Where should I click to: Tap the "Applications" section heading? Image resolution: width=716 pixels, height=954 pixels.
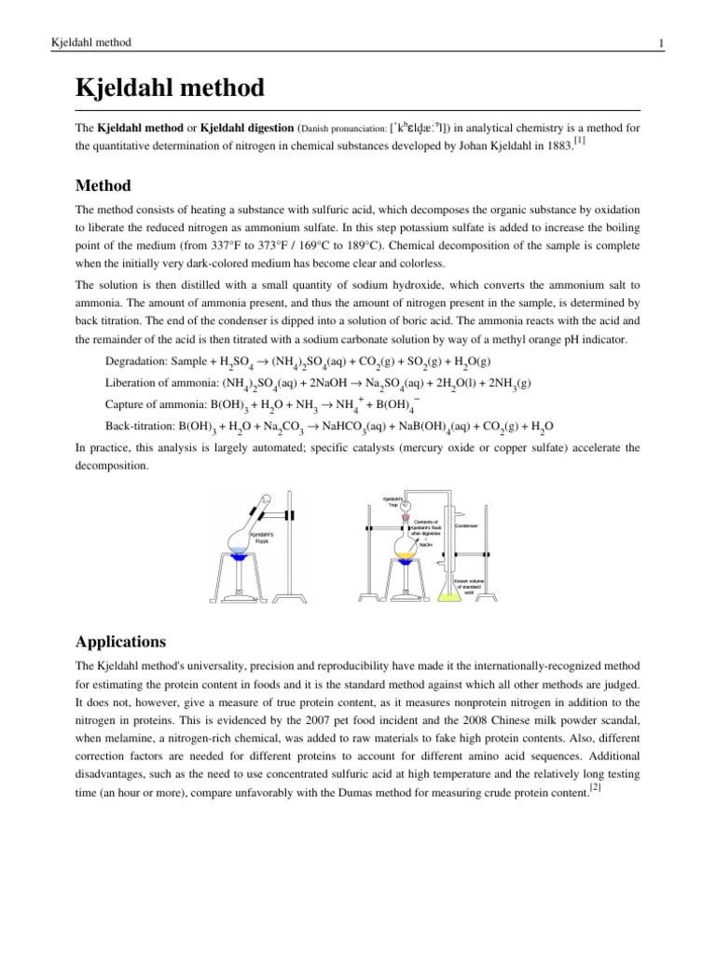120,642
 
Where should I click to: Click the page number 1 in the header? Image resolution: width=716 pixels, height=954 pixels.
660,43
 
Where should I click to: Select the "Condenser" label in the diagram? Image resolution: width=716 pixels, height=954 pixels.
466,525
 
